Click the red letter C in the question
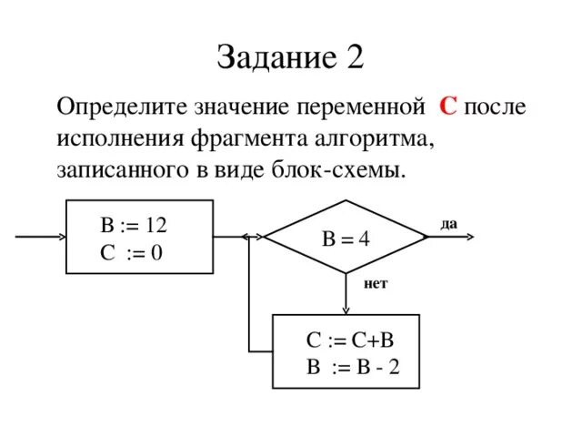(x=447, y=107)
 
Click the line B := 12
(x=134, y=225)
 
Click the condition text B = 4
(x=346, y=239)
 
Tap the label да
(x=447, y=223)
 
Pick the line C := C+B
(x=349, y=340)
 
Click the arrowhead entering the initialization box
(x=61, y=237)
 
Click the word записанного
(x=114, y=170)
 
